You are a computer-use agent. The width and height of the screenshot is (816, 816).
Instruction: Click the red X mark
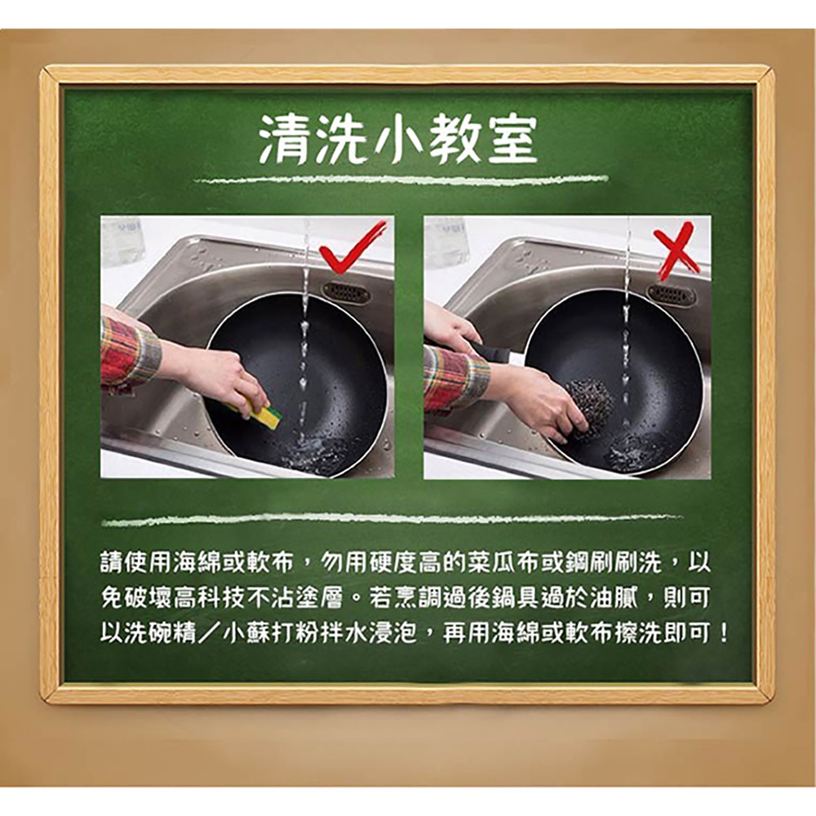pos(675,250)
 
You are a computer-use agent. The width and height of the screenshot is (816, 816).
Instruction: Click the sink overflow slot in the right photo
pos(672,295)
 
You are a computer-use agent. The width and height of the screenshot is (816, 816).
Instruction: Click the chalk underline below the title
pos(401,180)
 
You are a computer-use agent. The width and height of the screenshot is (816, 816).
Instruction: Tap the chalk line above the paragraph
pos(392,519)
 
